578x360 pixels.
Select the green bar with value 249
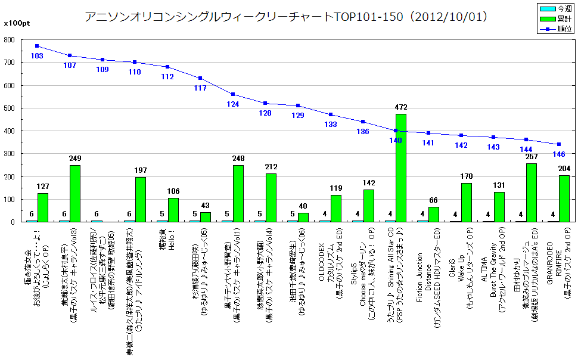point(75,193)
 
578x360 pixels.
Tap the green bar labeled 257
point(532,193)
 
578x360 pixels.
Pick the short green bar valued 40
point(303,217)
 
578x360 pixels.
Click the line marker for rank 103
point(37,46)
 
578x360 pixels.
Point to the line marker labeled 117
point(200,78)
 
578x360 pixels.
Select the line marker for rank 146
point(558,144)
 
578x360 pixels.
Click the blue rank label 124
point(233,104)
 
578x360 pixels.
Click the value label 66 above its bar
point(434,201)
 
